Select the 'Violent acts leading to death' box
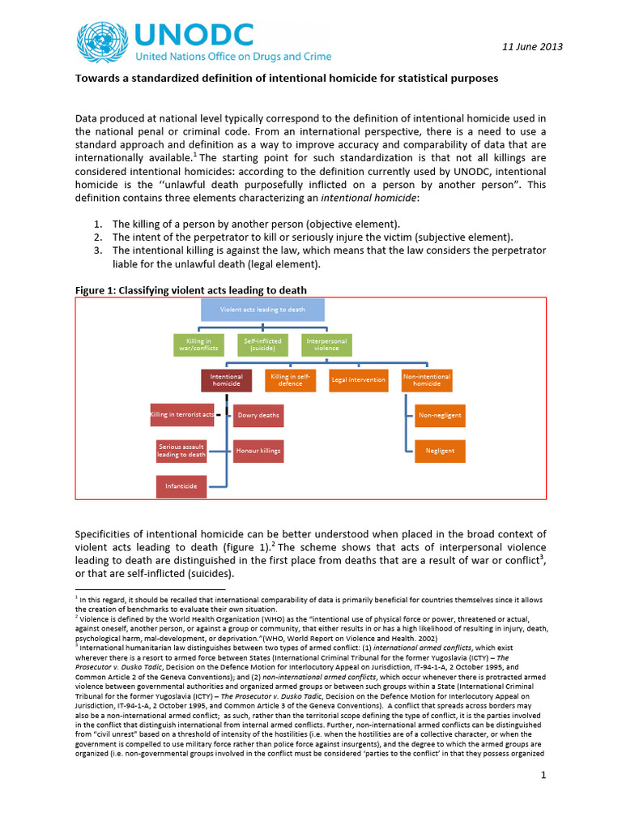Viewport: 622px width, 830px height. [262, 309]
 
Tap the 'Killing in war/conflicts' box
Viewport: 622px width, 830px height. [200, 345]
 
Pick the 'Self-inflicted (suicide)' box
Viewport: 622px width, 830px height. [262, 345]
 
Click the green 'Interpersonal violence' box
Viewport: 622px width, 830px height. [326, 345]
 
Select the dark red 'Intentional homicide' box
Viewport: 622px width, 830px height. [226, 380]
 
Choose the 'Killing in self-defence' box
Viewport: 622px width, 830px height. [291, 380]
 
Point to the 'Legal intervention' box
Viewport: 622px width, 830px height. [357, 380]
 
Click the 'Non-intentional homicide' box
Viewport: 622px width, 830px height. [427, 380]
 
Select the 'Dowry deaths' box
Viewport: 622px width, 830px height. [258, 415]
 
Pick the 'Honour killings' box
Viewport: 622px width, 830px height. [258, 450]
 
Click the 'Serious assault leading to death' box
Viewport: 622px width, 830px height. [181, 451]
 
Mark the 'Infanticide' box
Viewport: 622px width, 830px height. [181, 486]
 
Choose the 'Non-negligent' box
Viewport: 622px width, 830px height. [440, 415]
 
